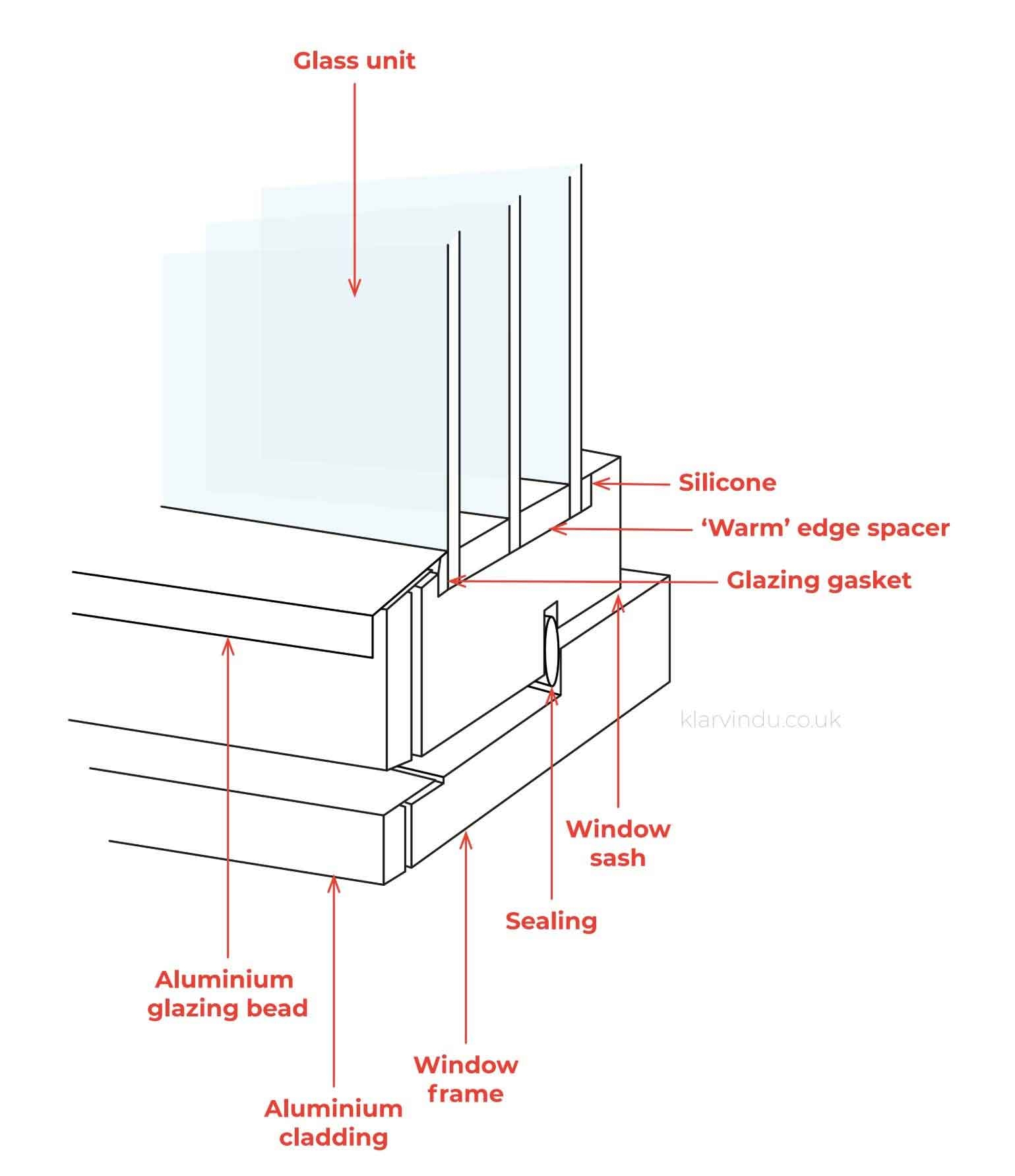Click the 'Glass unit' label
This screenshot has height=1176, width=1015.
click(354, 61)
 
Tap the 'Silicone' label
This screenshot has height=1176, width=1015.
click(727, 483)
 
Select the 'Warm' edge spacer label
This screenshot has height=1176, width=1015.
click(824, 528)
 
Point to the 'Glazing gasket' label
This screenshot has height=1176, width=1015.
click(818, 580)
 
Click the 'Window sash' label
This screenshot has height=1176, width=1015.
click(618, 843)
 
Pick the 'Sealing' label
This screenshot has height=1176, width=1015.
click(551, 921)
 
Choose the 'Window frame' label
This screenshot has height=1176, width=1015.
click(466, 1079)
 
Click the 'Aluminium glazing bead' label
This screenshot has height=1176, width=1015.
click(228, 993)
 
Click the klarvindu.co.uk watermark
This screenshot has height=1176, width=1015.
click(760, 719)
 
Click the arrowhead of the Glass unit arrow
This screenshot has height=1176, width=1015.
click(355, 290)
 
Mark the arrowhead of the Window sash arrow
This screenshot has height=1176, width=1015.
click(618, 602)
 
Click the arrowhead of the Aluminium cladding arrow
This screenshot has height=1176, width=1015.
click(334, 881)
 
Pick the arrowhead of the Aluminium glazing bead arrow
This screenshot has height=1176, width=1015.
click(228, 644)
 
